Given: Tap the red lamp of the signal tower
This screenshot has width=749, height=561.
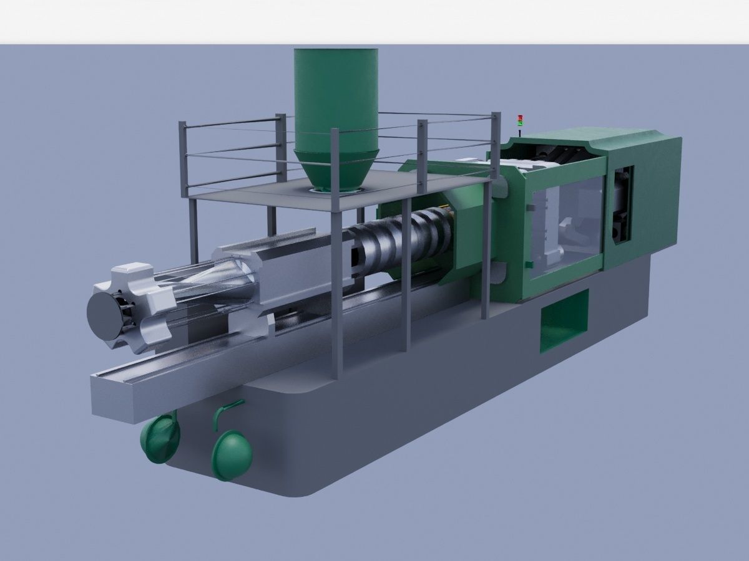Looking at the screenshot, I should [520, 117].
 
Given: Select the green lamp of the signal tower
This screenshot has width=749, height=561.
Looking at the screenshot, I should [520, 123].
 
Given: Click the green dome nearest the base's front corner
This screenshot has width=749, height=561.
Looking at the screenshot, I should [232, 454].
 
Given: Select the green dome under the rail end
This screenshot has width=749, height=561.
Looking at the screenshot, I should [160, 438].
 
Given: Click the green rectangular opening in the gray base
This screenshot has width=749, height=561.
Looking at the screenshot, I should [564, 321].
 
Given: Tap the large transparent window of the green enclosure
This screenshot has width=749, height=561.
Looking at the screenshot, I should [565, 224].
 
